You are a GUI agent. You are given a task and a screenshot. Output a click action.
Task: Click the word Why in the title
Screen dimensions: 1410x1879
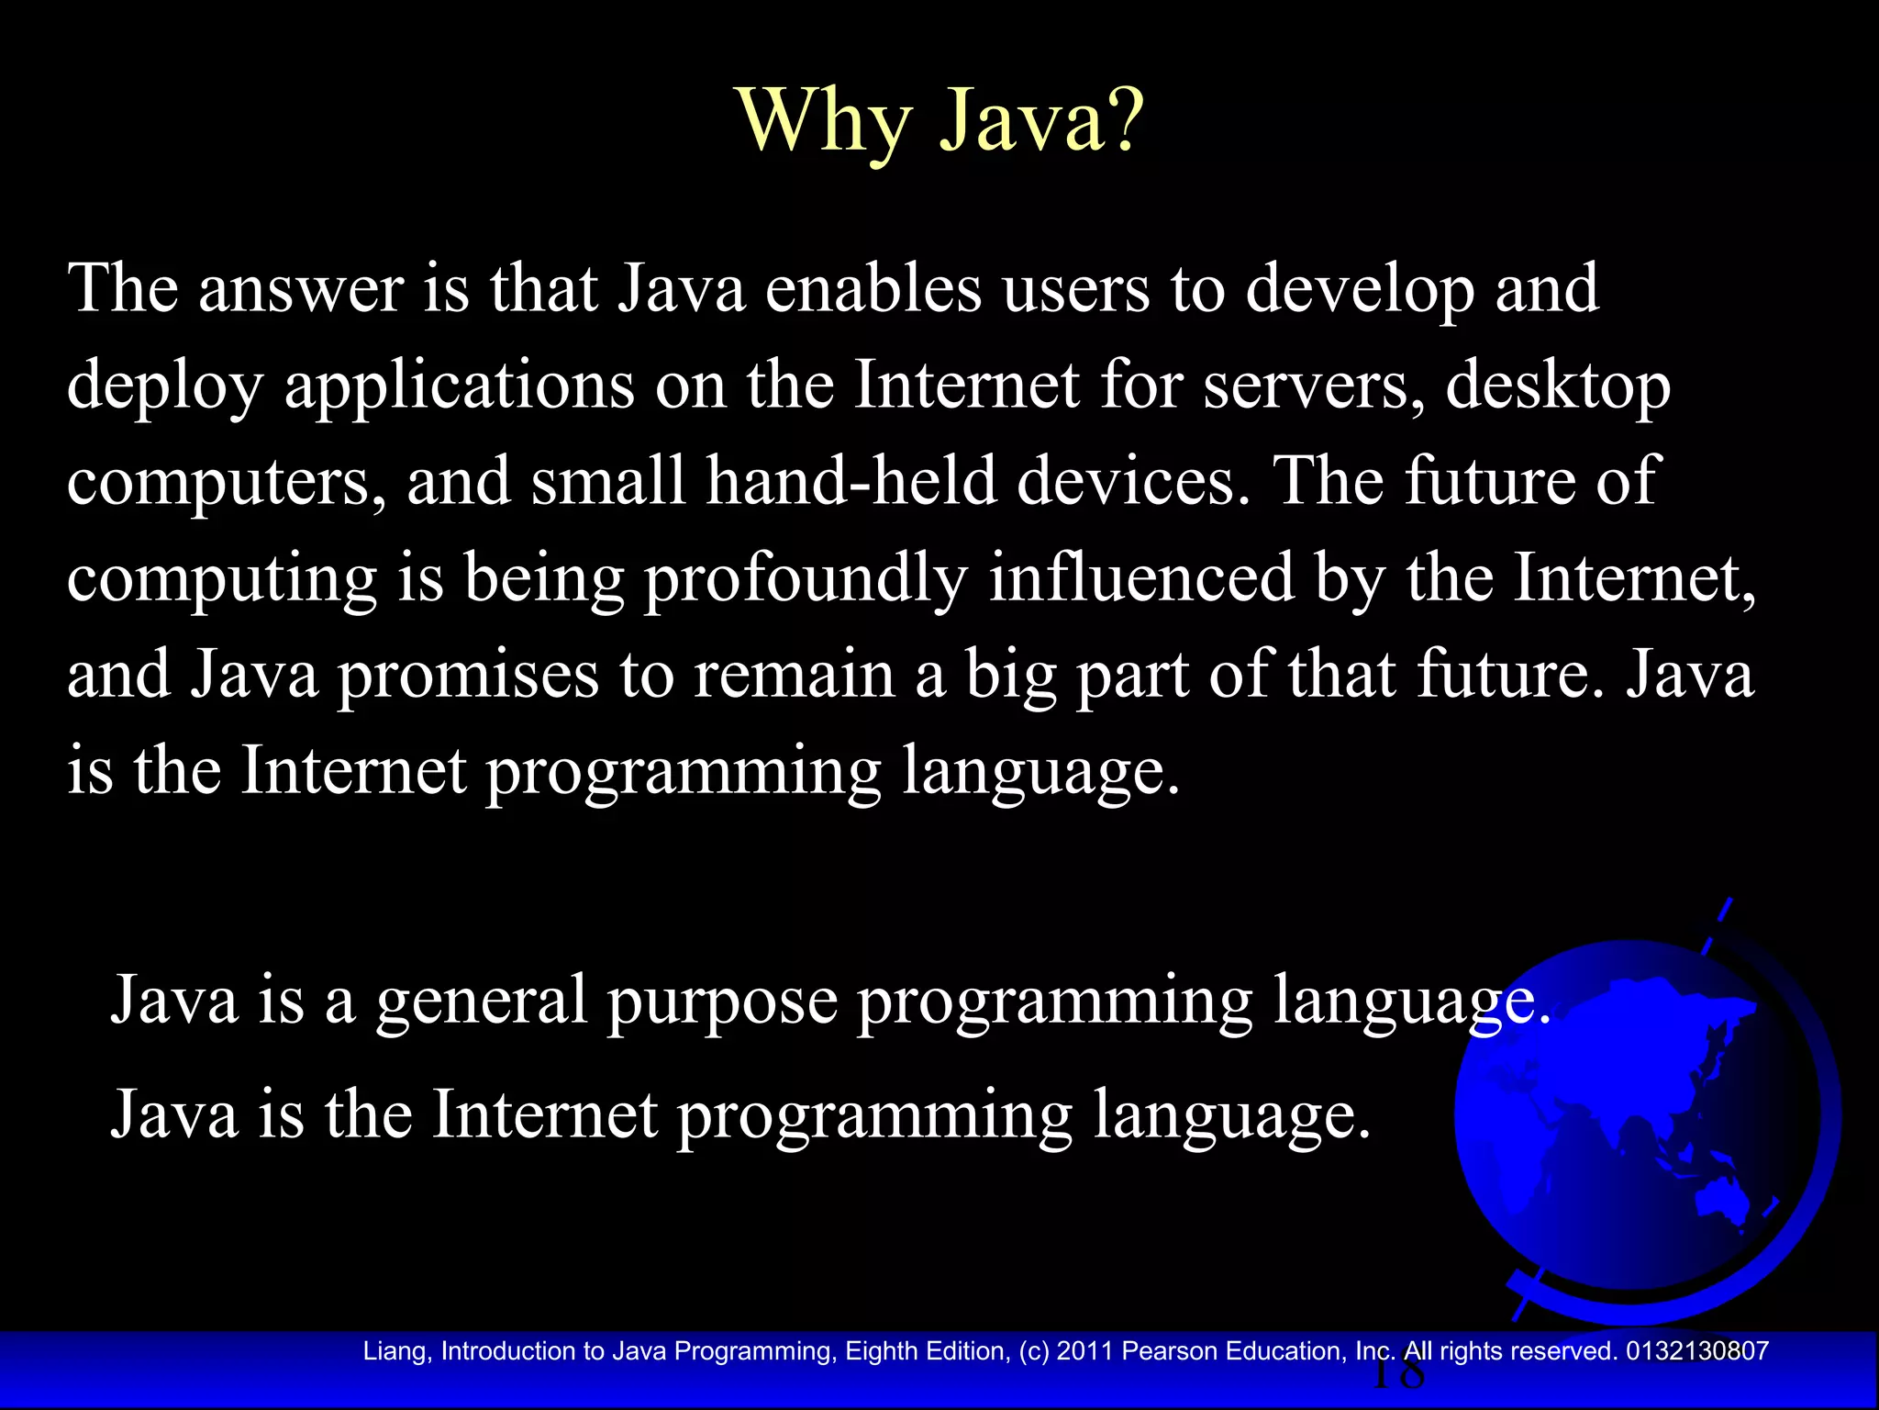(824, 122)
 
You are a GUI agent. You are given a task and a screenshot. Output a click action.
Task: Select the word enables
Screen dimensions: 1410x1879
(873, 289)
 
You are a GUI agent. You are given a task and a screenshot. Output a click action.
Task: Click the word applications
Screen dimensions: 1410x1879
(459, 386)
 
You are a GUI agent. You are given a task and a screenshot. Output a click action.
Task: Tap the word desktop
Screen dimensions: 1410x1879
(1557, 386)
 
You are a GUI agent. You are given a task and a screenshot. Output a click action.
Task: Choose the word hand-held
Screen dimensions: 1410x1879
(851, 482)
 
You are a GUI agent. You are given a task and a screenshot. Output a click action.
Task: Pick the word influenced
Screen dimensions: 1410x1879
(1140, 578)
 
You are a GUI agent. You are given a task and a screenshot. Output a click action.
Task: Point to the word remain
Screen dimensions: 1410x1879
(794, 675)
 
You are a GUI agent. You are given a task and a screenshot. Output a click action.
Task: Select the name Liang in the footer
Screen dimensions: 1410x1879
(394, 1351)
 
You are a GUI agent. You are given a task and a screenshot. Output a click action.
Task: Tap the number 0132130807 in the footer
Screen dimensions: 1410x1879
(1696, 1351)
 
